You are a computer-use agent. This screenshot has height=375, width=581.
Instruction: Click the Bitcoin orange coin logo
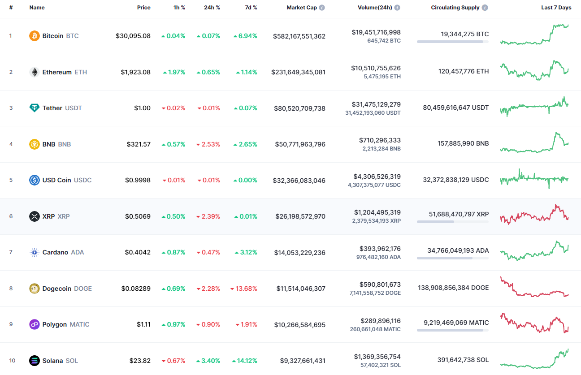click(x=35, y=36)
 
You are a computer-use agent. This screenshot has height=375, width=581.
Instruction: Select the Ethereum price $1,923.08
click(x=135, y=72)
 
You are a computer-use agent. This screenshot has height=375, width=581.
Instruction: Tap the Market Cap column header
click(x=302, y=8)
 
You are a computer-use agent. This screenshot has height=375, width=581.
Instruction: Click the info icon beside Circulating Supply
click(x=485, y=8)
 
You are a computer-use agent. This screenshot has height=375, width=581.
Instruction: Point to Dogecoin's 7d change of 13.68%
click(x=244, y=289)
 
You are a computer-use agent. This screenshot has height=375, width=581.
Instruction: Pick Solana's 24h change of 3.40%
click(x=208, y=361)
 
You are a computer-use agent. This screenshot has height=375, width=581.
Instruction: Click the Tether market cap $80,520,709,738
click(x=299, y=108)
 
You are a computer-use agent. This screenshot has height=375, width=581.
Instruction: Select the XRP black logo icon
click(x=35, y=216)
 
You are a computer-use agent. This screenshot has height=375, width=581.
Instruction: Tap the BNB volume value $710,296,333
click(x=380, y=140)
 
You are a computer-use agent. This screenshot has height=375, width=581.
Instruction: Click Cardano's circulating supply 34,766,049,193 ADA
click(x=458, y=250)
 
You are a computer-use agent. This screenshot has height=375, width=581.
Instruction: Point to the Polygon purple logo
click(x=35, y=324)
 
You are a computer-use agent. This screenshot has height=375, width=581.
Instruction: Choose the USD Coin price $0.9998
click(x=138, y=180)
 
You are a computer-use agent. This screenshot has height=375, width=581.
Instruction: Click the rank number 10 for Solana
click(x=12, y=361)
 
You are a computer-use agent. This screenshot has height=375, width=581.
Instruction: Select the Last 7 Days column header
click(x=556, y=8)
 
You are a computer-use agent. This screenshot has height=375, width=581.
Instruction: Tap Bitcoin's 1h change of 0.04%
click(x=173, y=36)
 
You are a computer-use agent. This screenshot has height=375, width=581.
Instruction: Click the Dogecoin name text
click(x=56, y=289)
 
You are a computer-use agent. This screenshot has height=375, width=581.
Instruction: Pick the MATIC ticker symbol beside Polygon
click(x=79, y=324)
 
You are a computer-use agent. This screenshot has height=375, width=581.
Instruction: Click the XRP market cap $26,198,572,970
click(x=300, y=216)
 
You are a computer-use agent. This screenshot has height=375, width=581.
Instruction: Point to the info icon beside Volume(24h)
click(x=397, y=8)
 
